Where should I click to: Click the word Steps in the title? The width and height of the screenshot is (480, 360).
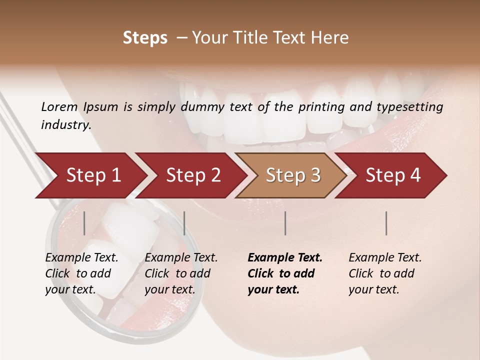pos(145,38)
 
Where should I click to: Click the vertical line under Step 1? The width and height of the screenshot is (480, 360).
pos(84,223)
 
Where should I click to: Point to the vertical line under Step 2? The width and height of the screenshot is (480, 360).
pos(184,223)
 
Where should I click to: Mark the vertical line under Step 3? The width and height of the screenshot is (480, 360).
pos(285,223)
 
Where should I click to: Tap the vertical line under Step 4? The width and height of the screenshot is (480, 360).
pos(386,223)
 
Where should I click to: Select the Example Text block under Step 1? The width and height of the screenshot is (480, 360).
pos(81,273)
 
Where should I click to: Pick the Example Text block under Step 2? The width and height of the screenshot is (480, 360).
pos(181,273)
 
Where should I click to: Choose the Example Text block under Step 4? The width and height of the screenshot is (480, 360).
pos(385,273)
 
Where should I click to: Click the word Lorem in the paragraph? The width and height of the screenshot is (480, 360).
pos(59,107)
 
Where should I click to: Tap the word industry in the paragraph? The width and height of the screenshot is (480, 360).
pos(65,125)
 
